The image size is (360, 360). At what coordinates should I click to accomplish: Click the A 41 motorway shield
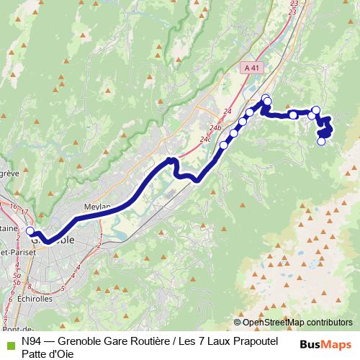[251, 66]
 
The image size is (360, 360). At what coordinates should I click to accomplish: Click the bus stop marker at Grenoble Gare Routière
[30, 231]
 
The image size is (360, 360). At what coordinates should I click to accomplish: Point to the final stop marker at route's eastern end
[322, 141]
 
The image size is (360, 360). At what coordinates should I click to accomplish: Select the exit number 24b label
[216, 127]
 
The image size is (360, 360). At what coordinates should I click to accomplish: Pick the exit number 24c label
[206, 138]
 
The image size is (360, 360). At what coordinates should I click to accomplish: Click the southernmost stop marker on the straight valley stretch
[223, 145]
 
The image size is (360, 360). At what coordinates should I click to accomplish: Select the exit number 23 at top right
[293, 11]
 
